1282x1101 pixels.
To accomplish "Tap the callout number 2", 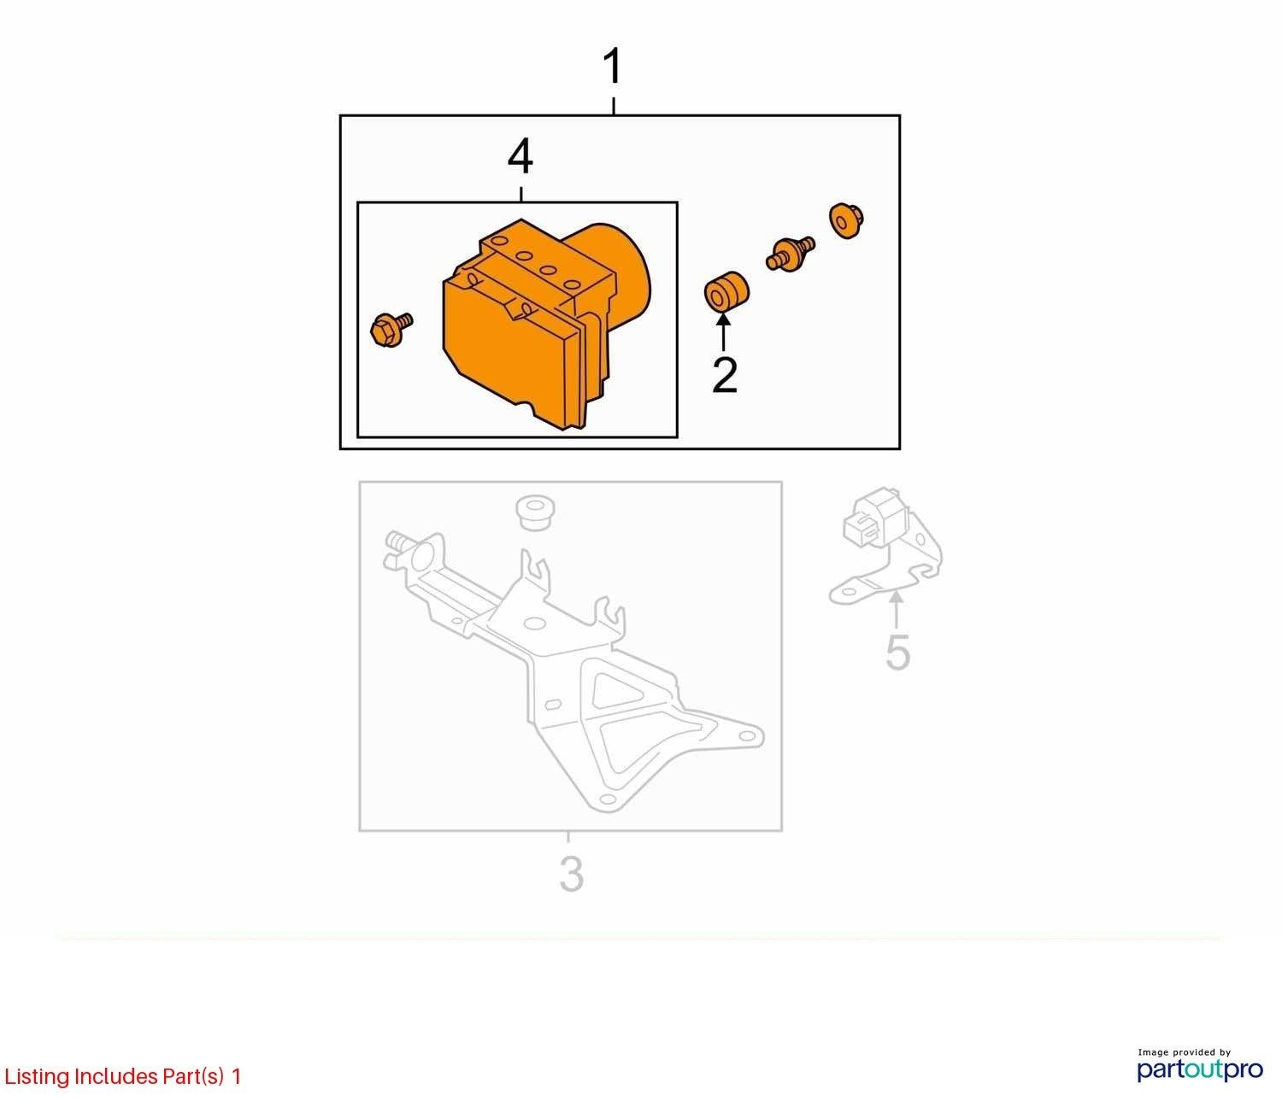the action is click(x=725, y=375).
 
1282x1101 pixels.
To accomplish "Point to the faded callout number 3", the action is click(x=571, y=874).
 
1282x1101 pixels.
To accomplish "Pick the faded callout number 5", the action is click(x=897, y=653).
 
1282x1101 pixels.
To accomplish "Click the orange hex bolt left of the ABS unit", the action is click(x=391, y=329).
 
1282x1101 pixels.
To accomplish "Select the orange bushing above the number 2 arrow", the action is click(x=726, y=291).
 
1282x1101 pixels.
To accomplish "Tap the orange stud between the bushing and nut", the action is click(x=791, y=252).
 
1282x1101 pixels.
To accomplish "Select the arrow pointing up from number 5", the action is click(x=897, y=612).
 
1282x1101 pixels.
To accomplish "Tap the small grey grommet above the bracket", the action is click(x=535, y=512).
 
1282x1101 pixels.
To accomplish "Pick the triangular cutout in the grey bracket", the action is click(x=614, y=690).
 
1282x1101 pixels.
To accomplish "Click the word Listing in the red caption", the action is click(x=37, y=1075).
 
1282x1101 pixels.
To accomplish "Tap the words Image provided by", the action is click(x=1184, y=1051).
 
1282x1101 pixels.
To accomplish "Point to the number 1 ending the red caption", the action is click(x=236, y=1075).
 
